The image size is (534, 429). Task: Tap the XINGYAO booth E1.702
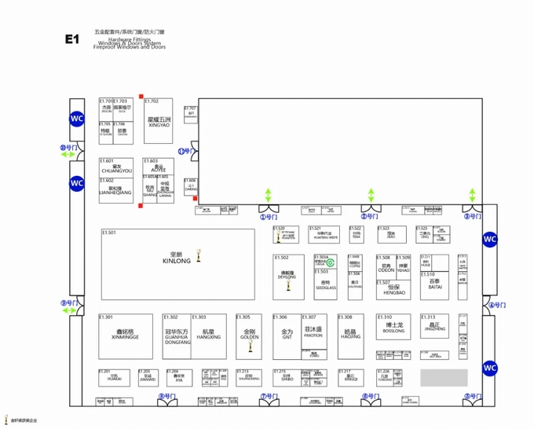pos(159,122)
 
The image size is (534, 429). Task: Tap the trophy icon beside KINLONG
pos(199,256)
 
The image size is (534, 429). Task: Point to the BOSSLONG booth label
pos(394,328)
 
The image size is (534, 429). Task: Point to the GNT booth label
pos(287,334)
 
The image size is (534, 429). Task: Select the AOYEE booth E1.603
pos(159,169)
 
